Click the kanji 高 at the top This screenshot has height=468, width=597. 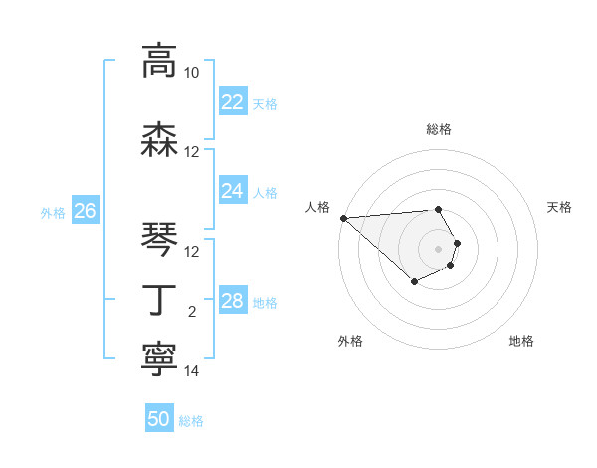(159, 62)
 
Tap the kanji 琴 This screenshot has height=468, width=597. (159, 240)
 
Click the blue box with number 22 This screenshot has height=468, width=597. (232, 102)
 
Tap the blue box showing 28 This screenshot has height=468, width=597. (232, 300)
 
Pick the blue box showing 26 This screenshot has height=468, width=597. (85, 211)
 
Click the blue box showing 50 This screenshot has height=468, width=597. (159, 420)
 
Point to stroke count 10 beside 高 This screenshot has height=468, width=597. (192, 73)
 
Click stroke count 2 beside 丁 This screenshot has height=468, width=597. (192, 312)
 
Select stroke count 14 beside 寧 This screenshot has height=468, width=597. (192, 371)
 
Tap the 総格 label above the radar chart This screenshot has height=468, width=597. (439, 129)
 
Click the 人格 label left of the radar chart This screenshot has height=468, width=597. (317, 206)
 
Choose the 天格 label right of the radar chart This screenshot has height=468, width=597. (559, 206)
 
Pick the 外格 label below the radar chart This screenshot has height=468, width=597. (350, 341)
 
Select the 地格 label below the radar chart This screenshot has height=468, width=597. (521, 341)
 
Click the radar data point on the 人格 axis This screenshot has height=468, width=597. (343, 218)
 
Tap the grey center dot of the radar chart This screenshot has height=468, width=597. (439, 249)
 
